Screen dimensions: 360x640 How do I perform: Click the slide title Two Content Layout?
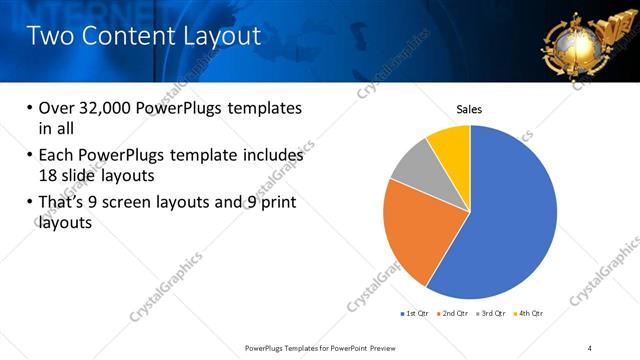(144, 36)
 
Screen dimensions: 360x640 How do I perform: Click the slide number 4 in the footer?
(590, 346)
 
